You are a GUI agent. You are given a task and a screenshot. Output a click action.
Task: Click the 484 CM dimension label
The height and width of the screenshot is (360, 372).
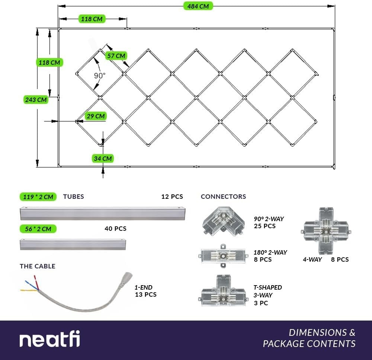(x=198, y=6)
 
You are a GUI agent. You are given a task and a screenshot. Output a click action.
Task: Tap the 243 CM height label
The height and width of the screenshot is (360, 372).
(x=36, y=99)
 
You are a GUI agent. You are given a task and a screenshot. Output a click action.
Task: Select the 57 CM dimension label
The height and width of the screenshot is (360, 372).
(x=116, y=56)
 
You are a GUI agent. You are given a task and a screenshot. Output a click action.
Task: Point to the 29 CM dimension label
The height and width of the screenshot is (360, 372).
(x=96, y=116)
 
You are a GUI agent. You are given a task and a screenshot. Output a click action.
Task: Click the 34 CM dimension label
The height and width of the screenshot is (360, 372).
(x=103, y=158)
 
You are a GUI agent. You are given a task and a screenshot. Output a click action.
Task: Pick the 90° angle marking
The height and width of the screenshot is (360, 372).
(x=99, y=76)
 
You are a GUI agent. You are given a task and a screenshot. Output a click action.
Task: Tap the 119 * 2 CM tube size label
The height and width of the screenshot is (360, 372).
(x=38, y=197)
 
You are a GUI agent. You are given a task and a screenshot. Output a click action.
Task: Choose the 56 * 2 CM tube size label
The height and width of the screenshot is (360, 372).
(x=38, y=229)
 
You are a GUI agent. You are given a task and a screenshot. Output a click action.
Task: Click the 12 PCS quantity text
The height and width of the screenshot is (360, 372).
(x=172, y=197)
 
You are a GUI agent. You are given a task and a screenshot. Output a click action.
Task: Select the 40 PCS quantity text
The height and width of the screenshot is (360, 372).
(x=115, y=229)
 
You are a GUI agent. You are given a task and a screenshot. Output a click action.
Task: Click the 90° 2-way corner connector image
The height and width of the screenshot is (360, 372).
(x=223, y=223)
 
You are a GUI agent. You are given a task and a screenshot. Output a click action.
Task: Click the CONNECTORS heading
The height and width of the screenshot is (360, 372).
(x=223, y=197)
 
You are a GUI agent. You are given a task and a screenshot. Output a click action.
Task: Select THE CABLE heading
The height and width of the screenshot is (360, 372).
(x=37, y=266)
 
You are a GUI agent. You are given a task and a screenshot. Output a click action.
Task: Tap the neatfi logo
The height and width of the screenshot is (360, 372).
(x=49, y=340)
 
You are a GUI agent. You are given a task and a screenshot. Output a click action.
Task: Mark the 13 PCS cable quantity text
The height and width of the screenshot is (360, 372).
(x=145, y=294)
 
